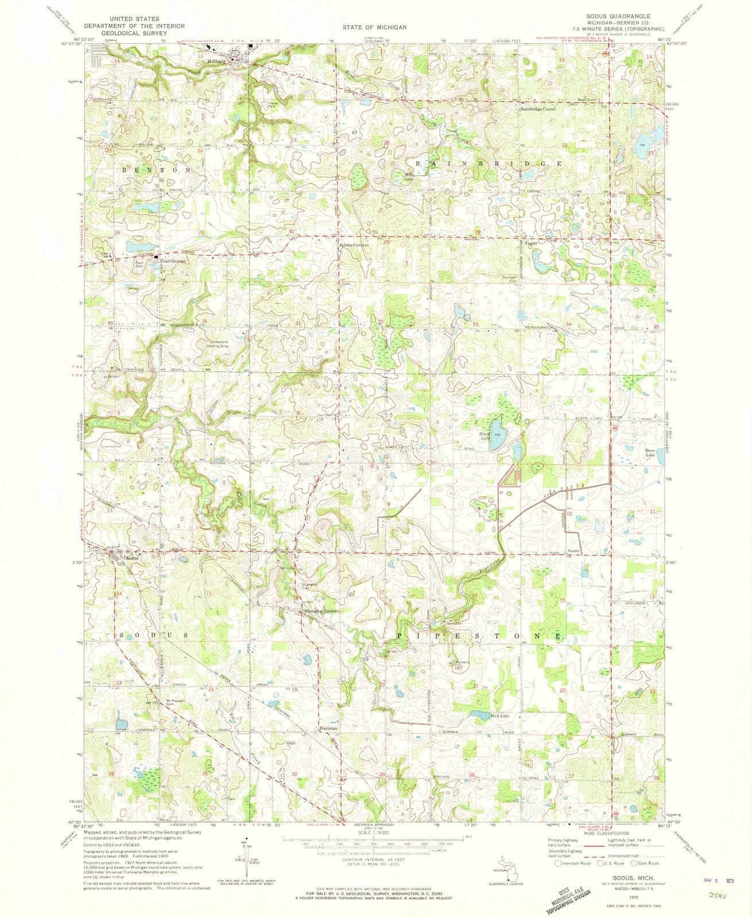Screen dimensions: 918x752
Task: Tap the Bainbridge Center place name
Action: (x=538, y=109)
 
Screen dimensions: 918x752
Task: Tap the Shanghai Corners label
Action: (x=321, y=611)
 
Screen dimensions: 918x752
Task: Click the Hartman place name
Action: (x=328, y=729)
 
